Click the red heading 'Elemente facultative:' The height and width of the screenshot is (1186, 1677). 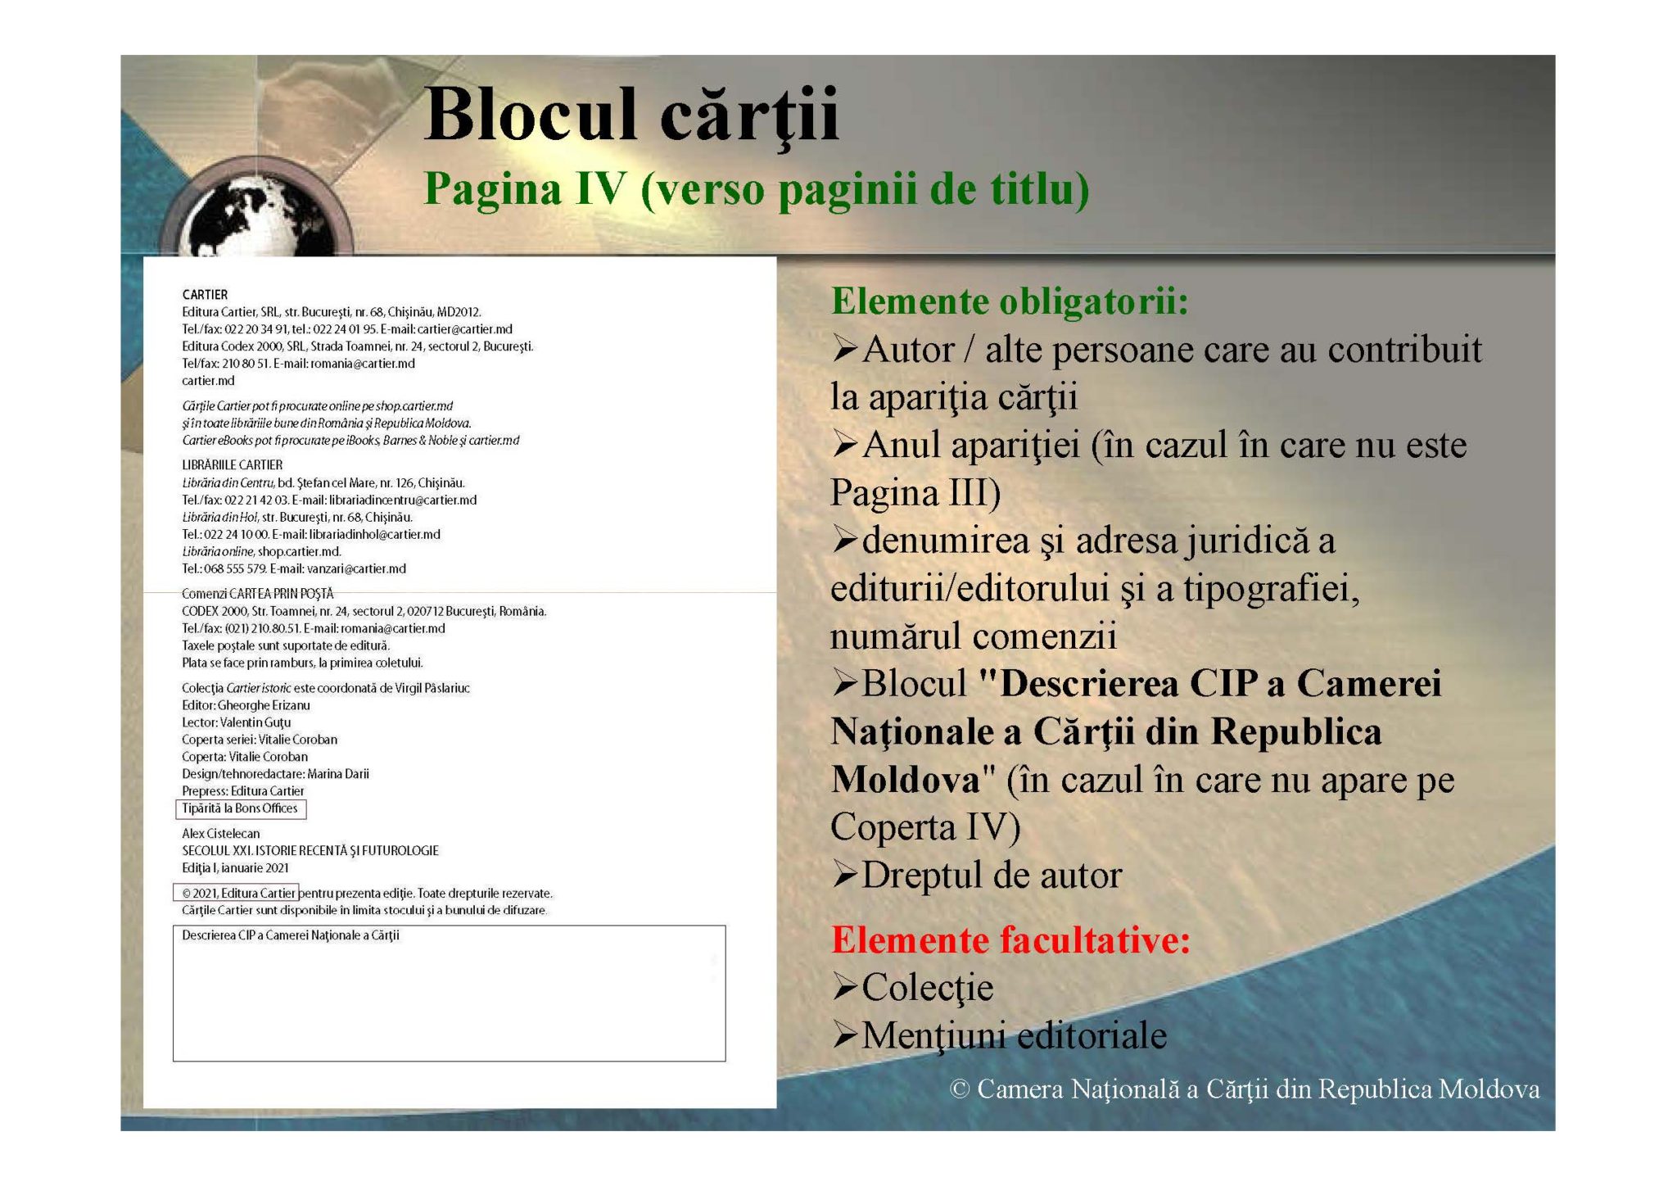point(1011,940)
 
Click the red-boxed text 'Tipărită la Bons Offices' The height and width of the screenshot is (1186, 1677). point(240,808)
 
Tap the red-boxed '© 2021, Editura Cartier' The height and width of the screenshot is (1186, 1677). point(237,893)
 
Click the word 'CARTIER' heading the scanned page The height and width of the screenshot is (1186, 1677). point(205,295)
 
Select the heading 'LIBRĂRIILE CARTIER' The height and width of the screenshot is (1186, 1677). point(232,465)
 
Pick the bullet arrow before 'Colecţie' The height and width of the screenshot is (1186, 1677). point(844,988)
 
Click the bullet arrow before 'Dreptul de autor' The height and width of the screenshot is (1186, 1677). point(844,876)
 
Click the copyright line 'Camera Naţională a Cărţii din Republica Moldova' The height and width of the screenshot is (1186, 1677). point(1258,1090)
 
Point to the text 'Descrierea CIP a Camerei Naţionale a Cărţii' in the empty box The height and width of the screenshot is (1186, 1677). point(291,935)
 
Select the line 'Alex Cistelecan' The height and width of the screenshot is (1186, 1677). point(220,834)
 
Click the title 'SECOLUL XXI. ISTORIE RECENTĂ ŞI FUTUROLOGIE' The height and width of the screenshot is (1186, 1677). point(310,851)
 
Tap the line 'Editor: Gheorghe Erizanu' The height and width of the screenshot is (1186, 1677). point(246,705)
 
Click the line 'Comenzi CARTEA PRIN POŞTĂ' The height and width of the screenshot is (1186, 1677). point(257,594)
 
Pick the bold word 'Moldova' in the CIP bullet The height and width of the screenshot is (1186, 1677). point(905,780)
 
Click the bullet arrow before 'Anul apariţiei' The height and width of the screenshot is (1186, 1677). point(844,446)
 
